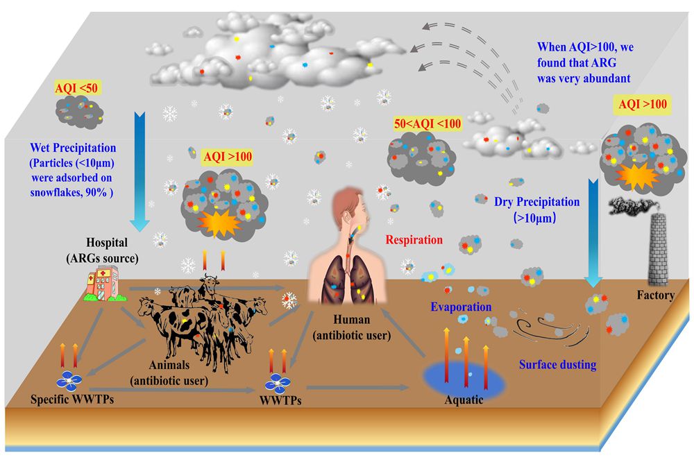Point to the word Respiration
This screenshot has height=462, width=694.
coord(414,240)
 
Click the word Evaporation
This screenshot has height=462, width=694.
coord(461,307)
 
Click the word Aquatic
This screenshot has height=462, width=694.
coord(464,400)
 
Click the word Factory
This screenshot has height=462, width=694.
coord(655,296)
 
